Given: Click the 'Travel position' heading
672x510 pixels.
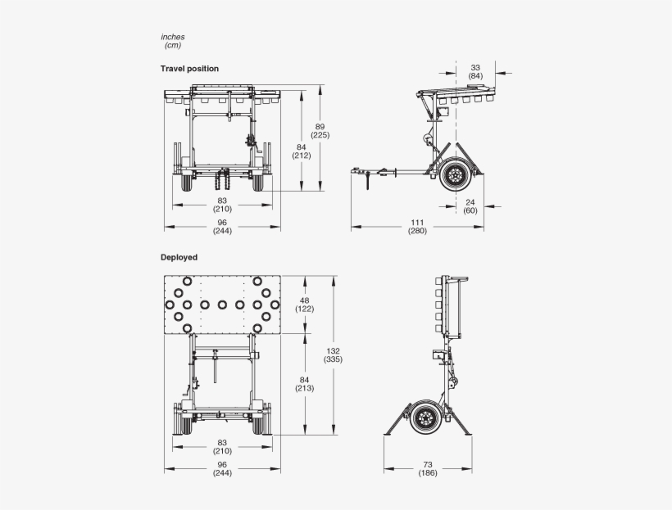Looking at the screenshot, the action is (x=189, y=69).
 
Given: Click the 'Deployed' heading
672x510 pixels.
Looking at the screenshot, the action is (x=179, y=257).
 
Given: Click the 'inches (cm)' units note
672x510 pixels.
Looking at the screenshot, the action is (x=173, y=41).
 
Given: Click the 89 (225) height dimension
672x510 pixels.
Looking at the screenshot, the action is (x=320, y=130).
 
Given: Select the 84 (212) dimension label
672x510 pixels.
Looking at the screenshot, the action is (x=301, y=151).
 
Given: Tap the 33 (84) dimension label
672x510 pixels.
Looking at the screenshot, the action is (x=475, y=71).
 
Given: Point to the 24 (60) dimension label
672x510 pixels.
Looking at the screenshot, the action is (x=470, y=205).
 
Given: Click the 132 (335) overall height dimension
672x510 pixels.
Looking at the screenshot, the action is (x=333, y=354).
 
